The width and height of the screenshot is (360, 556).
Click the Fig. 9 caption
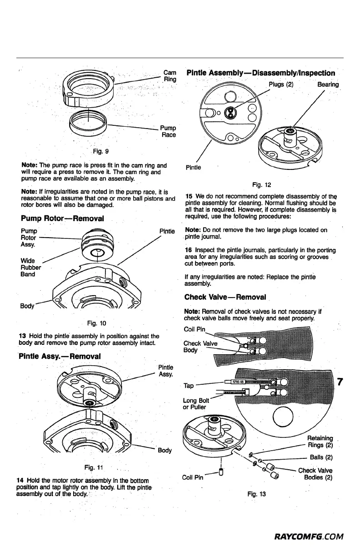point(100,151)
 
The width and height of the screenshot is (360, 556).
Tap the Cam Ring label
point(170,76)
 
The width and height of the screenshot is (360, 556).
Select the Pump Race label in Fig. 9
point(168,132)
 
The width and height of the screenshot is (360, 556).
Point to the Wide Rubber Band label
point(31,268)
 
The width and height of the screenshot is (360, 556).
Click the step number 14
point(20,480)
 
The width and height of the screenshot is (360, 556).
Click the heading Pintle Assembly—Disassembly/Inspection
point(261,73)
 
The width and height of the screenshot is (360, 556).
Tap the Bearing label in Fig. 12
point(328,84)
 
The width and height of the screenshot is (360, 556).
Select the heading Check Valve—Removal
point(225,297)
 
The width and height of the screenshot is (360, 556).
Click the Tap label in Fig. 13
point(188,386)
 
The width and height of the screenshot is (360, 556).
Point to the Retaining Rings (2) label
point(320,442)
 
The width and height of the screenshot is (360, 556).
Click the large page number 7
point(339,382)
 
